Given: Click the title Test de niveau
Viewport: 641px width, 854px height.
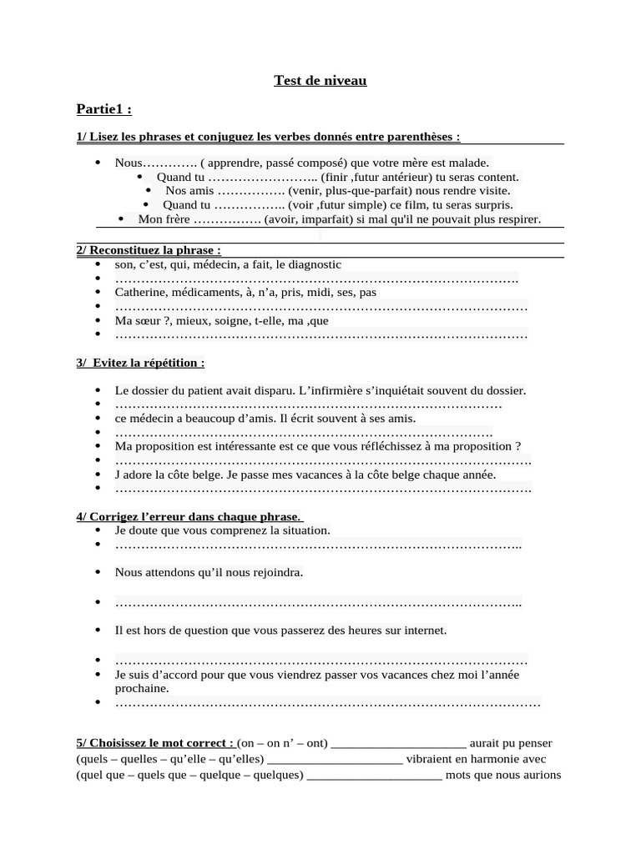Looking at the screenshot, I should (320, 81).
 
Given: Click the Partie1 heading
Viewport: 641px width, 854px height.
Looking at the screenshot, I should (103, 109).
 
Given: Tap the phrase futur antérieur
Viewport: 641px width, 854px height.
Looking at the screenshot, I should (392, 177).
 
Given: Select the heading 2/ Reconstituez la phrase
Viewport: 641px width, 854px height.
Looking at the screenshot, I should (149, 250).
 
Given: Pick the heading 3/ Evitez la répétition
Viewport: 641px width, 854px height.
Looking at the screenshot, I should (140, 363).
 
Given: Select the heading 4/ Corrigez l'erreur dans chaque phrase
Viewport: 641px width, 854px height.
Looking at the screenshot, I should (189, 516).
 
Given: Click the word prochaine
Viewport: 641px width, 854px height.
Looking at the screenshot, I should (142, 688).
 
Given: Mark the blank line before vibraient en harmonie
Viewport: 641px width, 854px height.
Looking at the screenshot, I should (336, 760).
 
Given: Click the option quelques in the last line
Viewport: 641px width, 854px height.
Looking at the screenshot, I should (276, 775).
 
